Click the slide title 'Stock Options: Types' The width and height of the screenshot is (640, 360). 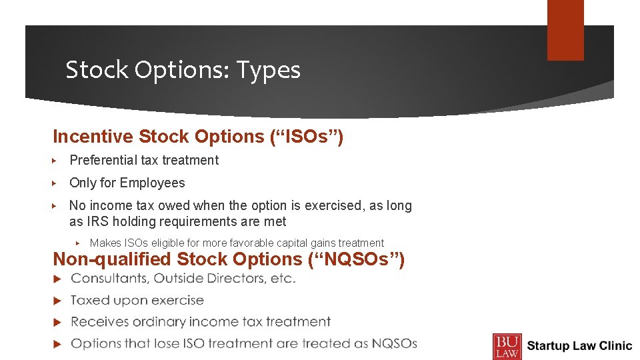pos(183,69)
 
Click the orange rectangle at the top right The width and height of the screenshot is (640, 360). pos(565,30)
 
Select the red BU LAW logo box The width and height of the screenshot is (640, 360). pos(507,345)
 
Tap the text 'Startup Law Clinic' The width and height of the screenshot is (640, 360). pos(579,345)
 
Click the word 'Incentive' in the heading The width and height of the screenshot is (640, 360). pos(93,137)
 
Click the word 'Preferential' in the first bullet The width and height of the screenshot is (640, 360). pos(104,160)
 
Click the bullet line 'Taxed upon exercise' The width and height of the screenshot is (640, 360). pos(137,300)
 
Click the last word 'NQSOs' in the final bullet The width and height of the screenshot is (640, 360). pos(394,343)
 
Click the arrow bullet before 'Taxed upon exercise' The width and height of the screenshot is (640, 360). pos(57,300)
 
